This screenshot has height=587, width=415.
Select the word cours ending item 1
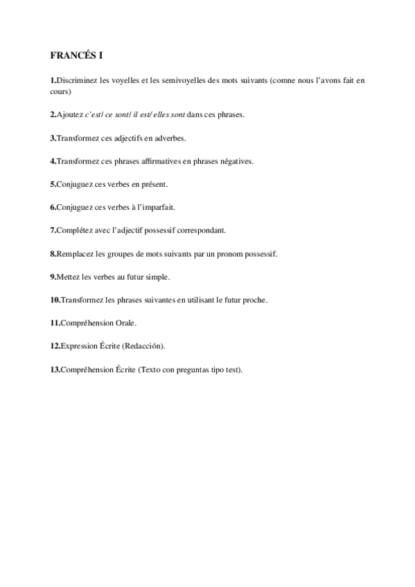pyautogui.click(x=60, y=91)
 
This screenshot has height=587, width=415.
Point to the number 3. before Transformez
pyautogui.click(x=53, y=138)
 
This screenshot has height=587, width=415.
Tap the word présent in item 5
pyautogui.click(x=154, y=185)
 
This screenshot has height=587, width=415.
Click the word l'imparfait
pyautogui.click(x=154, y=208)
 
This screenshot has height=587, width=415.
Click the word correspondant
pyautogui.click(x=213, y=231)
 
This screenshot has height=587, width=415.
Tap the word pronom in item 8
pyautogui.click(x=227, y=254)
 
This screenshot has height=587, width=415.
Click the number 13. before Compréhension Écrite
pyautogui.click(x=55, y=370)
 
